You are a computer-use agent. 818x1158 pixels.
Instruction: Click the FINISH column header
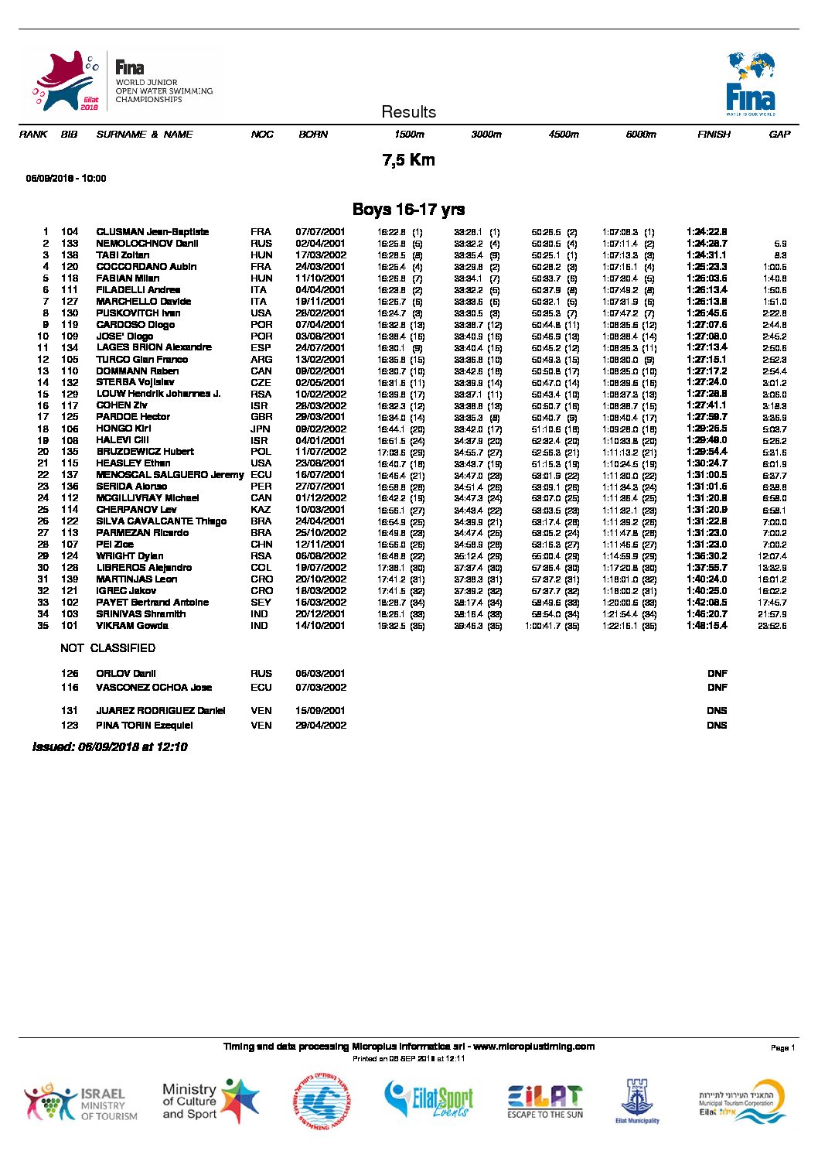(x=713, y=135)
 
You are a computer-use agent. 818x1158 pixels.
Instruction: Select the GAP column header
(x=779, y=135)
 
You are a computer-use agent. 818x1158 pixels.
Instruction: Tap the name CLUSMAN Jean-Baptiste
(x=152, y=232)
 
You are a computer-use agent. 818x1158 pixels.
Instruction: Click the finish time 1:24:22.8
(x=707, y=232)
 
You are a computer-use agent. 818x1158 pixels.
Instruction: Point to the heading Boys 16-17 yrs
(x=408, y=210)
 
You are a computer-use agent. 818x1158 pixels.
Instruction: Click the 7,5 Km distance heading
(x=408, y=160)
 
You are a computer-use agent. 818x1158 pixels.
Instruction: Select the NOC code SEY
(x=261, y=603)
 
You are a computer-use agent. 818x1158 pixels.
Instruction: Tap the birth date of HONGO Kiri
(x=320, y=429)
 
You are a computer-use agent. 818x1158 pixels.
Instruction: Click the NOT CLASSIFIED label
(x=107, y=648)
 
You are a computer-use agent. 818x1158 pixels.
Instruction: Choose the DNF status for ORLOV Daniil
(x=717, y=674)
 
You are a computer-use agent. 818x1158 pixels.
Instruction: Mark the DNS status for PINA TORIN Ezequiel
(x=717, y=726)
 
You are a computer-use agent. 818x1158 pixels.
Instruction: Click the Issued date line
(x=110, y=747)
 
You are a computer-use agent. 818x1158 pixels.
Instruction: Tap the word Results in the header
(x=408, y=112)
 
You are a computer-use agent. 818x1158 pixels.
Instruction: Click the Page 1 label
(x=782, y=1048)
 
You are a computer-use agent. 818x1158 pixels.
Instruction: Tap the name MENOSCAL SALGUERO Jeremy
(x=169, y=475)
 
